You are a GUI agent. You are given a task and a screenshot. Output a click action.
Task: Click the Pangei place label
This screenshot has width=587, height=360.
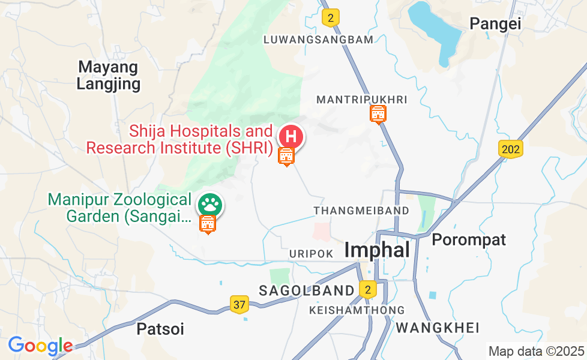coord(495,23)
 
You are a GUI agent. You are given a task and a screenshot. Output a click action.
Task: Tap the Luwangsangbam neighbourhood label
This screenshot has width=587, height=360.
coord(318,40)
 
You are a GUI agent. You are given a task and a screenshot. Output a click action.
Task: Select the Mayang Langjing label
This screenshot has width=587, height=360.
coord(109,76)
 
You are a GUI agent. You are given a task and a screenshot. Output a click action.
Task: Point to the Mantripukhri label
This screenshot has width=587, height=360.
coord(361,99)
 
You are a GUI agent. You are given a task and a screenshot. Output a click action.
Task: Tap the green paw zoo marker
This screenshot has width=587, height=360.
coord(209,205)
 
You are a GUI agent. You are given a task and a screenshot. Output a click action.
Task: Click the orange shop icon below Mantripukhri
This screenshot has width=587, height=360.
coord(378,113)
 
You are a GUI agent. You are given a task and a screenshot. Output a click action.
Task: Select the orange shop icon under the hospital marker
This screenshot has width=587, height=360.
coord(286,156)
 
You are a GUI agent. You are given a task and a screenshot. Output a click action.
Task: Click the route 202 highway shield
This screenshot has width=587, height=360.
coord(510,149)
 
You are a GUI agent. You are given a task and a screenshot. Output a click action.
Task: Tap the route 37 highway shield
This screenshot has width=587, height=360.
coord(239,304)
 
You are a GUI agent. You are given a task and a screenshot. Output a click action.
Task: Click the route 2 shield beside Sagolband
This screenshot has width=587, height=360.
coord(368,290)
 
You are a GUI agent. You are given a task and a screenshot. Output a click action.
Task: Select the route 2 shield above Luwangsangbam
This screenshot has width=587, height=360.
coord(330,17)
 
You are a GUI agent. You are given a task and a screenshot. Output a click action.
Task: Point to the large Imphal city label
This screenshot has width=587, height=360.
coord(377,250)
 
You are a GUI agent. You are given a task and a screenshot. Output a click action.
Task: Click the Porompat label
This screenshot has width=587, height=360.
coord(469,239)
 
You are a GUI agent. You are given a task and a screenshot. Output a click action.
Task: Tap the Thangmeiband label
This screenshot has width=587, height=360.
coord(361,211)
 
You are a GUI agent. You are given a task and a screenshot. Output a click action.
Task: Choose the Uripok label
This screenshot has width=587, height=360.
coord(311,254)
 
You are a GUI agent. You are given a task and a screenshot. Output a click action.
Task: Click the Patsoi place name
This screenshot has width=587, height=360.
coord(160,329)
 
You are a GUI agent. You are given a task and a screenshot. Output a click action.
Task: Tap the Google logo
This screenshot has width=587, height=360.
coord(40,346)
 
